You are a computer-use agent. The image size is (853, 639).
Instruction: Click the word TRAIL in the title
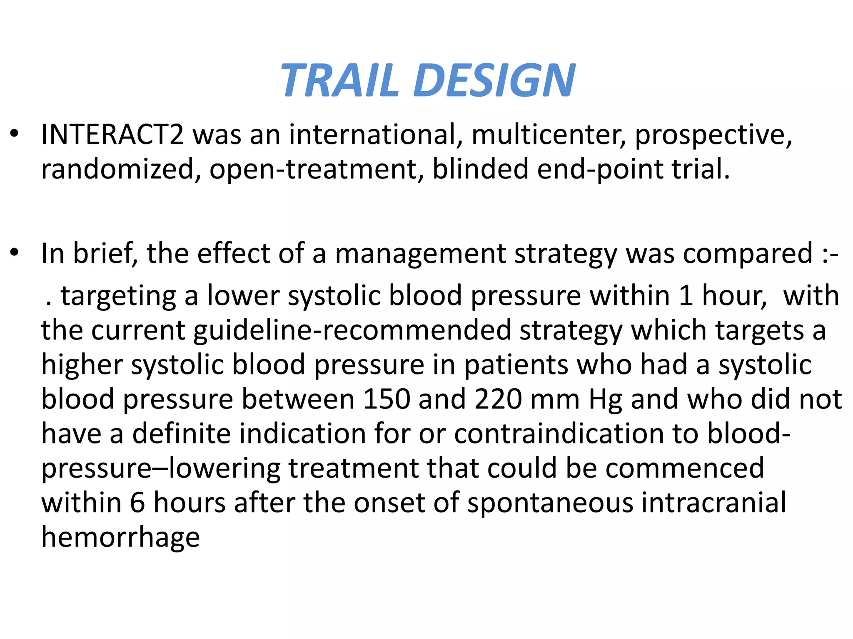pyautogui.click(x=339, y=80)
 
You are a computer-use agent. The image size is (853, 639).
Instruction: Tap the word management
pyautogui.click(x=420, y=254)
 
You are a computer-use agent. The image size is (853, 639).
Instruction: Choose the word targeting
pyautogui.click(x=119, y=297)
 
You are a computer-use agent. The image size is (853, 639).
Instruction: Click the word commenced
pyautogui.click(x=685, y=468)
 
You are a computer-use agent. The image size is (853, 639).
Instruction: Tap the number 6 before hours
pyautogui.click(x=137, y=503)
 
